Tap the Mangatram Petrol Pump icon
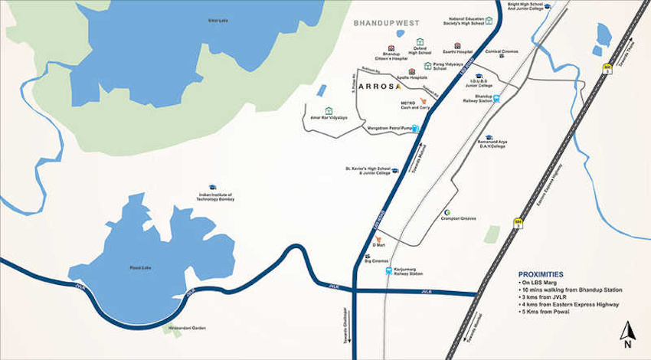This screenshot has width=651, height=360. click(416, 128)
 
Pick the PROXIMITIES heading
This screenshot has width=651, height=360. click(540, 273)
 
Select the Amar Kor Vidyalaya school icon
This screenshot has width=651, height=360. click(329, 110)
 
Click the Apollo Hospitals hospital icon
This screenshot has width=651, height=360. click(411, 71)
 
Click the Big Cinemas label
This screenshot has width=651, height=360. click(376, 261)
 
